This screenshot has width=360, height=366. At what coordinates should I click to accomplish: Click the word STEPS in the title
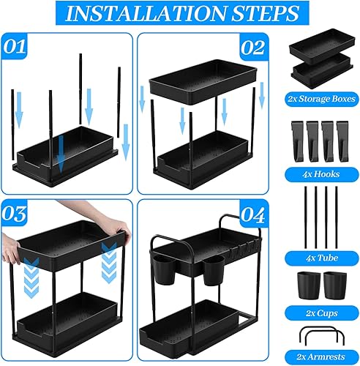[x=265, y=13]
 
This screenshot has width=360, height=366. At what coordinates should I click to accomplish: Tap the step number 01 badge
[x=14, y=46]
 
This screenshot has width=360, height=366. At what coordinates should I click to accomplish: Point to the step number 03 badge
[x=14, y=214]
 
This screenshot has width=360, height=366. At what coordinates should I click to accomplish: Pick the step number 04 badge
[x=253, y=214]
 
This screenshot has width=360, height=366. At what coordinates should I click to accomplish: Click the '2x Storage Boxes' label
[x=321, y=99]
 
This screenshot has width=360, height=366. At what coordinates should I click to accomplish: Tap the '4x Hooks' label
[x=321, y=174]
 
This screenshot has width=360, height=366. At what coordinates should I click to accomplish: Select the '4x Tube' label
[x=321, y=258]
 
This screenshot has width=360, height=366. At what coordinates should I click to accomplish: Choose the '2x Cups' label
[x=321, y=313]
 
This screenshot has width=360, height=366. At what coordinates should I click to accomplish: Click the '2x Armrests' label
[x=321, y=357]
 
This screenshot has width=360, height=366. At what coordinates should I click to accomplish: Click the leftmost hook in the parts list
[x=297, y=141]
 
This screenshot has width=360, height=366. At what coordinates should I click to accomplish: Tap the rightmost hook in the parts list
[x=342, y=141]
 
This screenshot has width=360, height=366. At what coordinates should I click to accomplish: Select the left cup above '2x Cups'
[x=309, y=285]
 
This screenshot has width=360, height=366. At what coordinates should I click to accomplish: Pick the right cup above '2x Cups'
[x=335, y=285]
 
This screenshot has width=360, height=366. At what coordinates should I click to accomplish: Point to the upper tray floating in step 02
[x=203, y=82]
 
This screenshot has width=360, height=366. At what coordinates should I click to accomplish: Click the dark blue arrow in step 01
[x=61, y=153]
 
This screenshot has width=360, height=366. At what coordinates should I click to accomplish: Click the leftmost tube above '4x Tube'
[x=305, y=217]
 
